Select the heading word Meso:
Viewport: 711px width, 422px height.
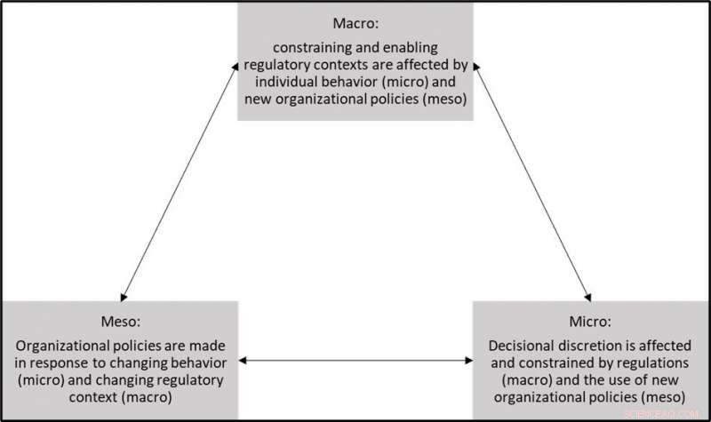coord(119,322)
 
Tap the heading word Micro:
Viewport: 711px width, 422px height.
coord(590,322)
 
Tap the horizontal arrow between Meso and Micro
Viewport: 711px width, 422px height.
coord(355,361)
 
